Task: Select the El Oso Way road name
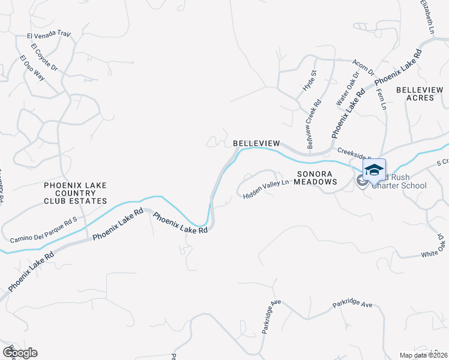pos(32,68)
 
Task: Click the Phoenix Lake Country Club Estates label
pos(75,194)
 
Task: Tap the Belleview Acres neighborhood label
pos(420,94)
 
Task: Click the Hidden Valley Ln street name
pos(266,188)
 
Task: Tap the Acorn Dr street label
pos(363,67)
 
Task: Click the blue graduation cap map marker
pos(374,169)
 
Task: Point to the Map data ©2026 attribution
pos(423,355)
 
